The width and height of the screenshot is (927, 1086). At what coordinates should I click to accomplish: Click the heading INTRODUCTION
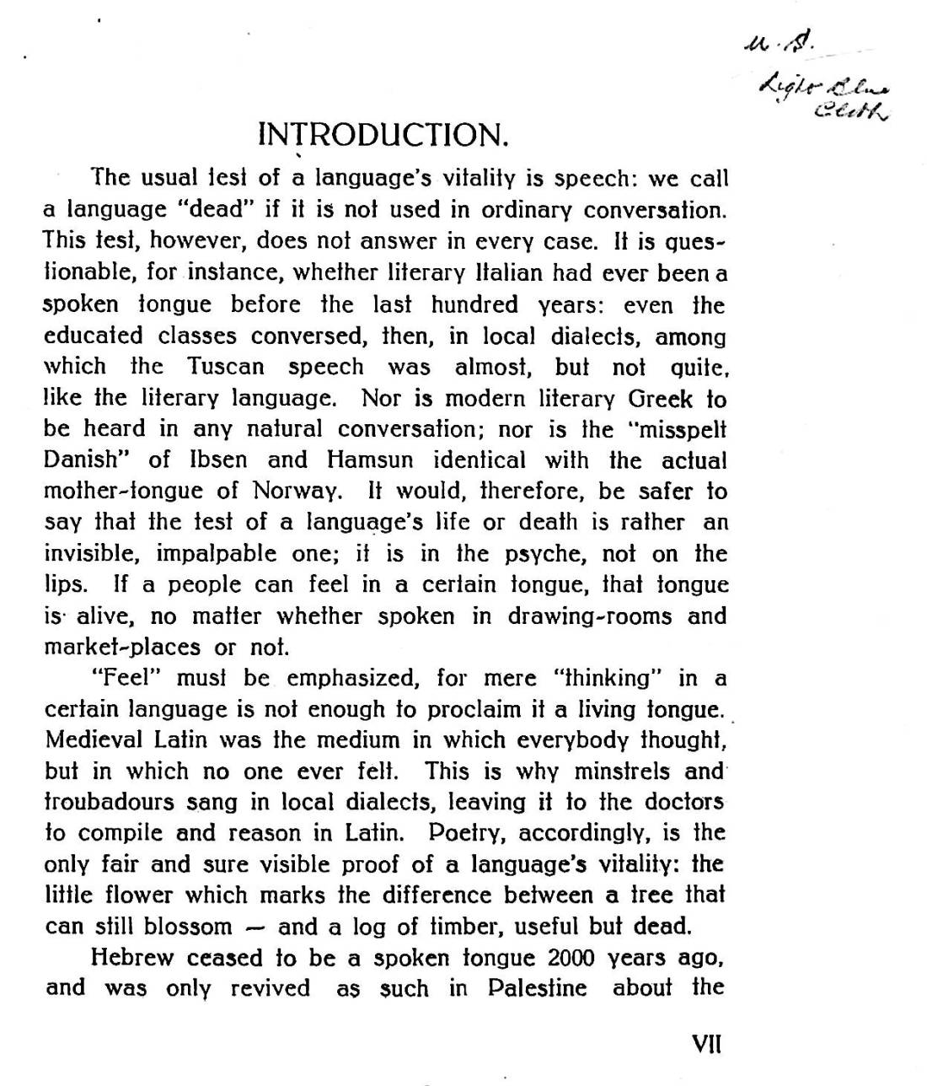383,135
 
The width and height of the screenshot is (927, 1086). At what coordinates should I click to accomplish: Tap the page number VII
706,1046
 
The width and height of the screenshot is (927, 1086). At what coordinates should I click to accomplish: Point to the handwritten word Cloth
851,110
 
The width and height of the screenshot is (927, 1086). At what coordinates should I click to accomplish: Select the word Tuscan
226,367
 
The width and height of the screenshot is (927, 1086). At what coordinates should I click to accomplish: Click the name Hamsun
369,460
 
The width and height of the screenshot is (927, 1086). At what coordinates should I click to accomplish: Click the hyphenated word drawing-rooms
590,616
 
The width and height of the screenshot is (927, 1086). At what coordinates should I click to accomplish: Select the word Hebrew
131,958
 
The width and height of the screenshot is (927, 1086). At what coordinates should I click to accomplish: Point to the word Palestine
538,988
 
